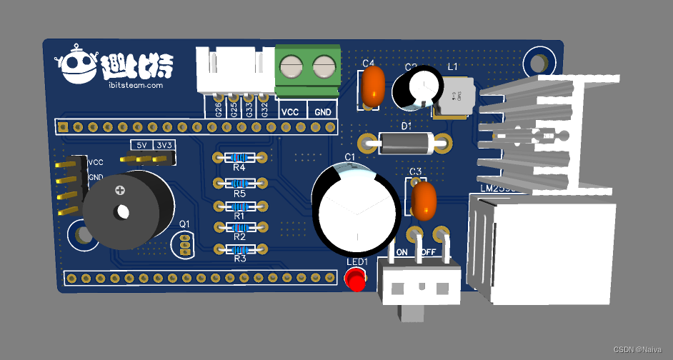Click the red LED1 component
(x=355, y=281)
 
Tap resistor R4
(x=239, y=158)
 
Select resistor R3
(x=239, y=249)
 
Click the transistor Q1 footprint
(x=185, y=244)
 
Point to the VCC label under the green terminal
(x=290, y=112)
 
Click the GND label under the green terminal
(x=323, y=112)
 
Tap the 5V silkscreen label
(x=141, y=145)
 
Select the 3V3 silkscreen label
(x=164, y=145)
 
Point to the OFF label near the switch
(x=429, y=252)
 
